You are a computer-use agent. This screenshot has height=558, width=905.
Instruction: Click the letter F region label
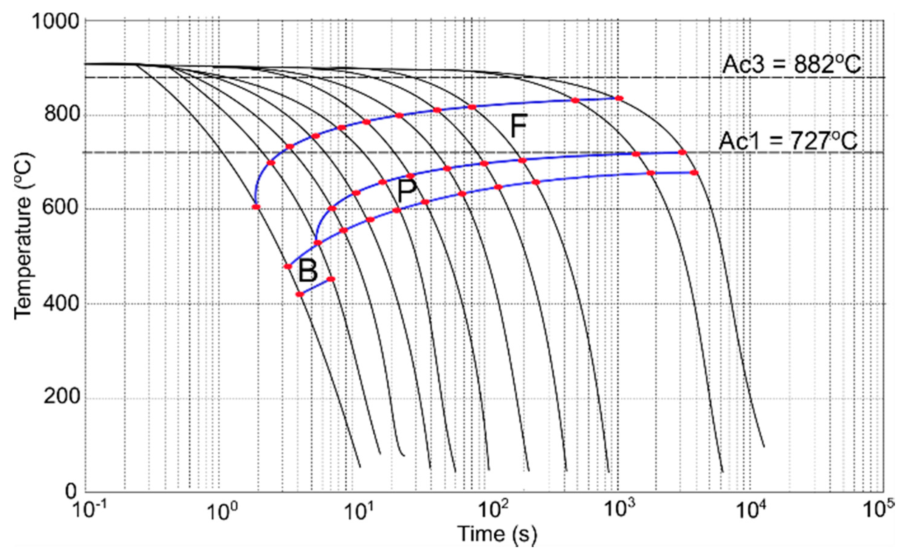518,126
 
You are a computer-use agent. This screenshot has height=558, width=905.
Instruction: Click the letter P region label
407,191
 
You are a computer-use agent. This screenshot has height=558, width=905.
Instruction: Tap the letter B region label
308,271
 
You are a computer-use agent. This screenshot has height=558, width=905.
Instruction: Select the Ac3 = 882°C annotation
791,65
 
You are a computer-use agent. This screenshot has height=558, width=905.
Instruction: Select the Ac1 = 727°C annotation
788,141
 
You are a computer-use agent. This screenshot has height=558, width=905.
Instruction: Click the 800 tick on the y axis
62,115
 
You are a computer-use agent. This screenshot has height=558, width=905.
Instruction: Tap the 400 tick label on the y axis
62,304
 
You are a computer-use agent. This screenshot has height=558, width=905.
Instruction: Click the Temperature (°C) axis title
23,236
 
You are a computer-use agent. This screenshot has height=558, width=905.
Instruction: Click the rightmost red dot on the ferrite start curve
619,98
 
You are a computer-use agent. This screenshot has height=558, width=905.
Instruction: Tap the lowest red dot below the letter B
300,294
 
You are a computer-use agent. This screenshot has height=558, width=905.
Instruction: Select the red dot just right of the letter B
331,279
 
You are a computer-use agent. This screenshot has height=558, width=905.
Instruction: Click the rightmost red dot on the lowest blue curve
694,173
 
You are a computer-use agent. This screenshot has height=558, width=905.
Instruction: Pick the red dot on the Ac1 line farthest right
682,152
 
